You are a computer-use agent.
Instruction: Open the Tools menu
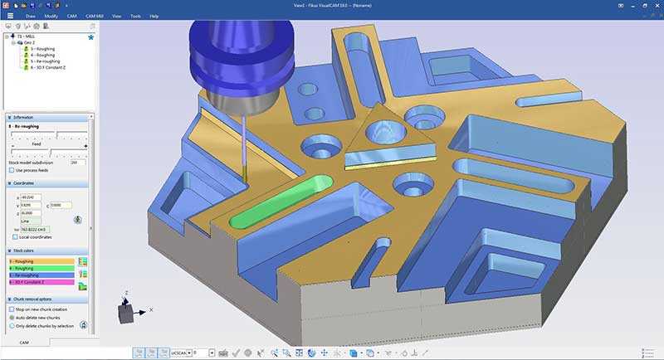coord(134,16)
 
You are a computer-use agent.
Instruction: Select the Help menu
coord(154,16)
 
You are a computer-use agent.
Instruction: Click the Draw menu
coord(31,16)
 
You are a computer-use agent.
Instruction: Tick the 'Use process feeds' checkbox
coord(12,169)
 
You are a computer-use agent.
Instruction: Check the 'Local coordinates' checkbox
coord(12,236)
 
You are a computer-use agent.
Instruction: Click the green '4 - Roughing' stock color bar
coord(40,268)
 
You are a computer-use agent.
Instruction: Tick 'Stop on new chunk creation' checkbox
coord(12,309)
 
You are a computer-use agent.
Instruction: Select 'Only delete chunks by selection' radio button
coord(12,325)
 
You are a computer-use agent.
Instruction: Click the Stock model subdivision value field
coord(78,163)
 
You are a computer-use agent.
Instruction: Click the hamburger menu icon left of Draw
coord(10,16)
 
